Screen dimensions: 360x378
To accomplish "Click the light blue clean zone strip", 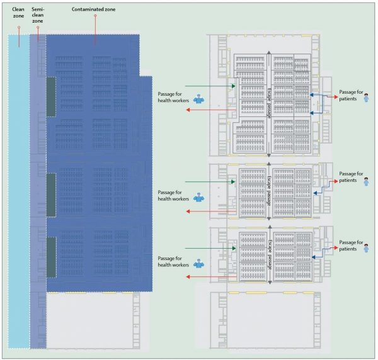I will coord(19,189).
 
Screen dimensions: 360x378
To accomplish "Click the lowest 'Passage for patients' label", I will coord(351,245).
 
